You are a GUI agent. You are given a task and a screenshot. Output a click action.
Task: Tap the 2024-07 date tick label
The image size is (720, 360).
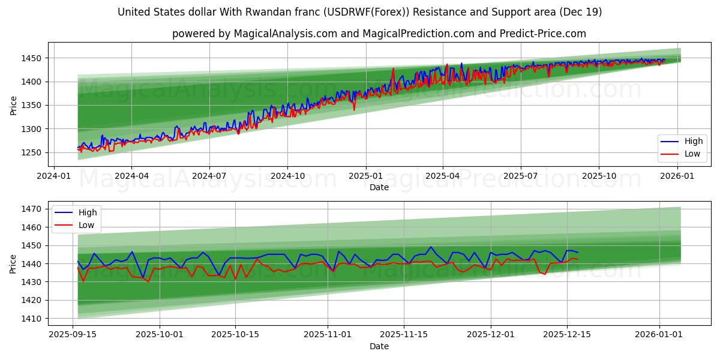coord(209,175)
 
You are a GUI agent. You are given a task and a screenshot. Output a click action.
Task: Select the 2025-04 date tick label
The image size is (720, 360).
coord(443,175)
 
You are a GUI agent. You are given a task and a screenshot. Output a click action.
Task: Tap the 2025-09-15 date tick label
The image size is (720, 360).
coord(73,334)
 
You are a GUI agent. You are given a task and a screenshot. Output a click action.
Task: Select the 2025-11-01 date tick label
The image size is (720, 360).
coord(328,334)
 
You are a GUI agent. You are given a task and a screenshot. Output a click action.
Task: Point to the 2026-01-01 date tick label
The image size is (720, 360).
coord(659,334)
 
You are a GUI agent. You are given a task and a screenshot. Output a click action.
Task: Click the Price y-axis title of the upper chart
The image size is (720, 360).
coord(14,105)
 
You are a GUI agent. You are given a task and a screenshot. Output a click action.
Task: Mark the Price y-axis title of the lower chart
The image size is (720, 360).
coord(14,263)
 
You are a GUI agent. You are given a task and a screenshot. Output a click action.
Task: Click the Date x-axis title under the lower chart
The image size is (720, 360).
coord(379,346)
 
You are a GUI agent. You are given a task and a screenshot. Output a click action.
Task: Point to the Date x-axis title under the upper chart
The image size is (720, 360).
coord(379,187)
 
